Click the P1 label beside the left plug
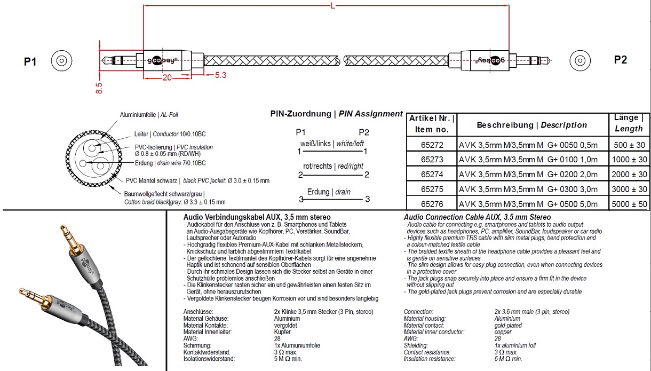tap(30, 62)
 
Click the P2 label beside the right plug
tap(621, 60)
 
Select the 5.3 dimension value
tap(220, 75)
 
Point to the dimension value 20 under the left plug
tap(166, 77)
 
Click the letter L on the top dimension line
tap(333, 6)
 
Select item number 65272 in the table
tap(432, 145)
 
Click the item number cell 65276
tap(432, 204)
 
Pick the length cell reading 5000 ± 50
tap(630, 204)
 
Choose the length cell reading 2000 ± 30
tap(630, 175)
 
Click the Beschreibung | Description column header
tap(531, 125)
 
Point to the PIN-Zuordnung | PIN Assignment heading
tap(336, 114)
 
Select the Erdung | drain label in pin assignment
tap(329, 192)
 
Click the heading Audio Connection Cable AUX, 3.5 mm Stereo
tap(477, 217)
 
